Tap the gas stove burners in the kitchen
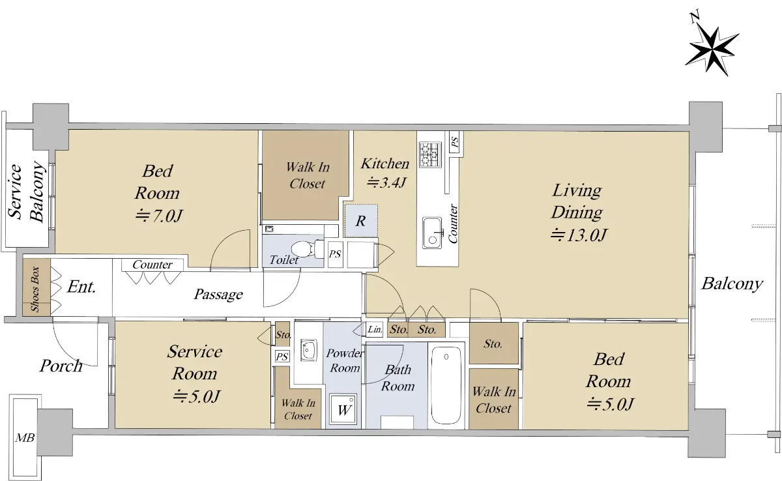pyautogui.click(x=431, y=154)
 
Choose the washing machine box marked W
pyautogui.click(x=344, y=409)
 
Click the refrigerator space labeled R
pyautogui.click(x=361, y=221)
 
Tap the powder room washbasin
pyautogui.click(x=308, y=350)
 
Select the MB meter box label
pyautogui.click(x=25, y=438)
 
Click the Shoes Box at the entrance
pyautogui.click(x=36, y=287)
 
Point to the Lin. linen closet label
pyautogui.click(x=375, y=329)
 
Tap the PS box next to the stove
pyautogui.click(x=455, y=142)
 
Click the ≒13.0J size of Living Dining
pyautogui.click(x=579, y=235)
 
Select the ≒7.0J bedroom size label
pyautogui.click(x=159, y=216)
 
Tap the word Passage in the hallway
pyautogui.click(x=218, y=294)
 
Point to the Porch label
pyautogui.click(x=61, y=366)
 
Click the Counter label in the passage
pyautogui.click(x=152, y=265)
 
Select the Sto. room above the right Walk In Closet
pyautogui.click(x=494, y=343)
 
